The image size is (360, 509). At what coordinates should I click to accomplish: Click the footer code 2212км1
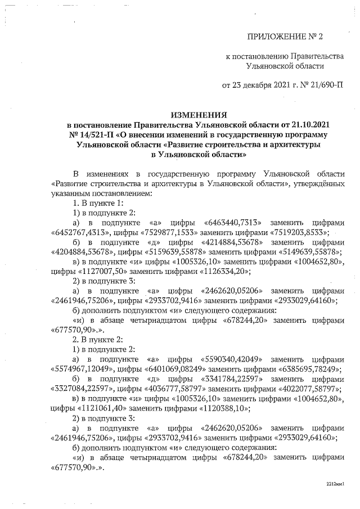pyautogui.click(x=335, y=484)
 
